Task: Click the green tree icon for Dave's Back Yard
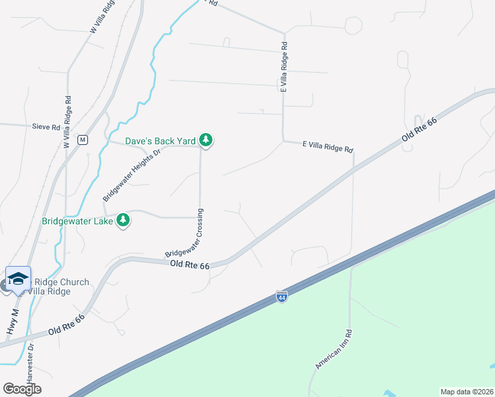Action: [206, 140]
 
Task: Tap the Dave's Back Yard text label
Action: [161, 141]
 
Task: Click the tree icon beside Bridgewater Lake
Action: [122, 220]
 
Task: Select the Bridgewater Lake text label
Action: [77, 221]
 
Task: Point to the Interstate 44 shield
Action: [282, 296]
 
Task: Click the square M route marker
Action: [82, 140]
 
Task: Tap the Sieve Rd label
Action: [46, 126]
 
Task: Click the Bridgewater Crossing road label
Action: [185, 233]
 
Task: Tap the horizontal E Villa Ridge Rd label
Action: [328, 146]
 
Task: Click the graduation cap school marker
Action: [18, 278]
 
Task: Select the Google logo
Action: [22, 388]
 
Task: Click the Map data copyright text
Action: [466, 391]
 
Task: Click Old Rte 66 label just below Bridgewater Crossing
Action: [189, 265]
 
